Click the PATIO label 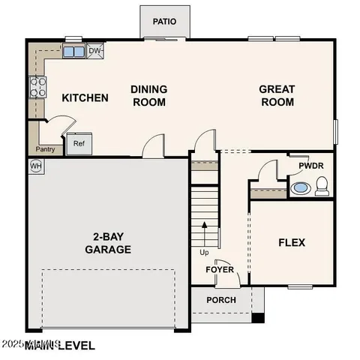tap(164, 22)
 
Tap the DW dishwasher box tap(95, 51)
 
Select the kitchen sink tap(73, 52)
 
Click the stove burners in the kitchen tap(37, 87)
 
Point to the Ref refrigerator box tap(79, 143)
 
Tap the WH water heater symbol tap(35, 165)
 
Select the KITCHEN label tap(85, 97)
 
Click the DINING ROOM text tap(148, 96)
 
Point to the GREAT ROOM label tap(277, 95)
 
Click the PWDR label tap(310, 166)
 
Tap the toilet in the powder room tap(322, 187)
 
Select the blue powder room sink tap(300, 187)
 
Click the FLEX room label tap(292, 242)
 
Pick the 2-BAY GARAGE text tap(108, 242)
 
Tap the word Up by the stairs tap(204, 253)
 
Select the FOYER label tap(220, 269)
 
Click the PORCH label tap(221, 300)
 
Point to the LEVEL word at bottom tap(73, 346)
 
